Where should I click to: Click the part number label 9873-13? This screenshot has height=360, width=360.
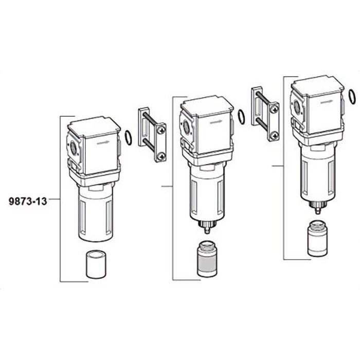point(28,201)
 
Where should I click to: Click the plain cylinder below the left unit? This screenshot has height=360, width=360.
point(96,264)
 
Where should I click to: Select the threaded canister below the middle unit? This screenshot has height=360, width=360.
point(207,259)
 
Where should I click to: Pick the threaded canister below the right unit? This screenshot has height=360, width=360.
point(317,238)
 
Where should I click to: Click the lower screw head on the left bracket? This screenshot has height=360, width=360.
point(162,156)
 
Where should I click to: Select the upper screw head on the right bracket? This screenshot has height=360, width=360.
point(275,110)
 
